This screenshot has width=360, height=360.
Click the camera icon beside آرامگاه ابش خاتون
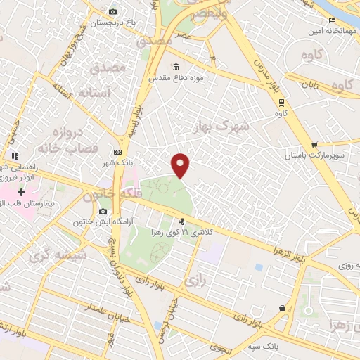[103, 212]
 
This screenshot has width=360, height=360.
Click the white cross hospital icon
[21, 191]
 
